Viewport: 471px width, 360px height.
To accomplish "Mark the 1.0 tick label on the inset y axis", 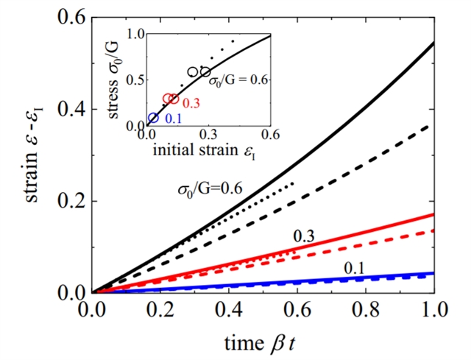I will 135,33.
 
